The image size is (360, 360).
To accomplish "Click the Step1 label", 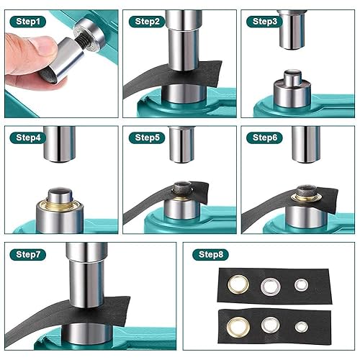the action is coord(28,22).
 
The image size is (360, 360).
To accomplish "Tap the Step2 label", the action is coord(147,22).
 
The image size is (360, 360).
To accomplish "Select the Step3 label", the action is coord(264,22).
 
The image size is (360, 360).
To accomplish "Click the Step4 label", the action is coord(28,138).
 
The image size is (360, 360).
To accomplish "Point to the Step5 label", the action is coord(147,138).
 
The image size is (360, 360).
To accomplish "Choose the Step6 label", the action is coord(264,138).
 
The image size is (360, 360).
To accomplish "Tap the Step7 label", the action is coord(28,254).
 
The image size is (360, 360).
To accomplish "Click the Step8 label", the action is coord(210,254).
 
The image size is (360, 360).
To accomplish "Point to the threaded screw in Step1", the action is coord(81,41).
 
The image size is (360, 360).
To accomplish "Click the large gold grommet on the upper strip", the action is coord(238,284).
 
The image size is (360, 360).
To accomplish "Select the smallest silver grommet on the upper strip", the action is coord(301,285).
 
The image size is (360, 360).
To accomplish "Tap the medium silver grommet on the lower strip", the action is coord(271,325).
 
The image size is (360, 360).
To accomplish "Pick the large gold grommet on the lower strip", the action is coord(238,327).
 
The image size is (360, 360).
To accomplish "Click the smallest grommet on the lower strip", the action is coord(302,327).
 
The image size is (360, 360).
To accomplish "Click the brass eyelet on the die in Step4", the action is coord(59,205).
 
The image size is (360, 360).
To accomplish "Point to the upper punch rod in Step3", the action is coord(292,30).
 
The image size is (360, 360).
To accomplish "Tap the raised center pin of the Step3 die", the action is coord(292,78).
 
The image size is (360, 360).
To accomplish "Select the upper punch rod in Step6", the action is coord(306,145).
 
